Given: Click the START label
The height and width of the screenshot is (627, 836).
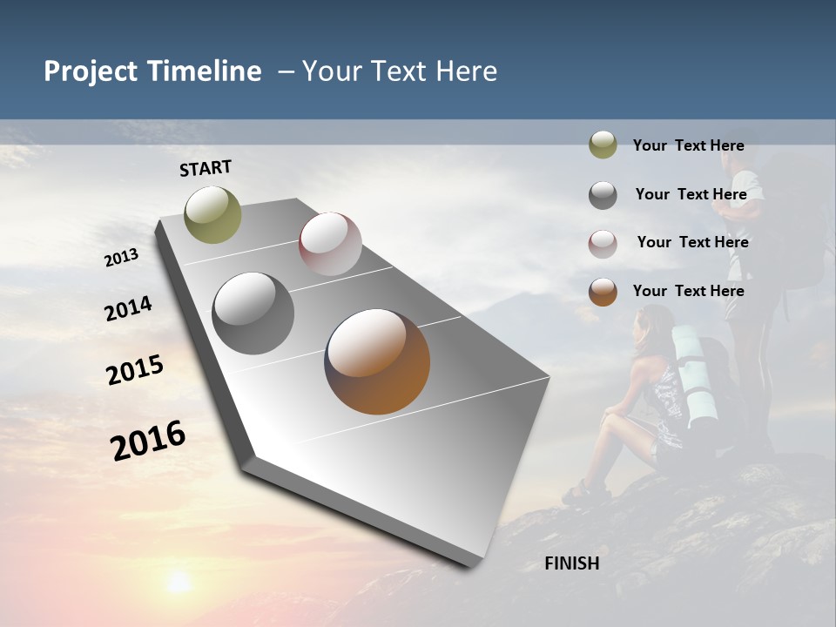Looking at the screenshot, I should coord(206,168).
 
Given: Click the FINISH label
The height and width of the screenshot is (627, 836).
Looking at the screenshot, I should coord(571,563).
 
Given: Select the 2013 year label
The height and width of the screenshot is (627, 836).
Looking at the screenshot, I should coord(121,258).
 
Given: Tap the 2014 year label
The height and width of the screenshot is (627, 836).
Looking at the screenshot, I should coord(128,308).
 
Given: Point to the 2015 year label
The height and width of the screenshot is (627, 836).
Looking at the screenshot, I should coord(134,370).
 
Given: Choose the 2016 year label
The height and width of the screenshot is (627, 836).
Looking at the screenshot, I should coord(148,440).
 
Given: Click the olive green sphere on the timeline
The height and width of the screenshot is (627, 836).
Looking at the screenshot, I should coord(213,214).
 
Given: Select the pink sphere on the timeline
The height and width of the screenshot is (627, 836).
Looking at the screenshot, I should coord(330,244).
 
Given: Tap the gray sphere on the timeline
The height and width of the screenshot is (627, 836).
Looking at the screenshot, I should coord(253,313).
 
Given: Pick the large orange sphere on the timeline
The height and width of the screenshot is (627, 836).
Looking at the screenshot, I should coord(377,361).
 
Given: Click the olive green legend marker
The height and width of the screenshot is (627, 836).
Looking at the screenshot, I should coord(603,145).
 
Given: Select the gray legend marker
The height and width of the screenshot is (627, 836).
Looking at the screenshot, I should coord(603,195).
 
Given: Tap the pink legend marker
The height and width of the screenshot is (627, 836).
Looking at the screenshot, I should coord(603,244).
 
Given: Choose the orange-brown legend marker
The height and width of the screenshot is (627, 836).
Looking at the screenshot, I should coord(603,292).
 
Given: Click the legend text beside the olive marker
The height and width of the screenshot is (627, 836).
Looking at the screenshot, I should coord(688,145).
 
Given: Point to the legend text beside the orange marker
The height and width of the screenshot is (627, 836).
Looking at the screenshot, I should coord(688,291).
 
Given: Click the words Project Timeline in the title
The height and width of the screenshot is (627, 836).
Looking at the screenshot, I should coord(152,71).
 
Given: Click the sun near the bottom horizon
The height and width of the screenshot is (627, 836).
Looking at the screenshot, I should coord(179,582).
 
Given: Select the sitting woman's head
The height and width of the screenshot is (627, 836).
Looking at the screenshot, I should coord(651,324).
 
